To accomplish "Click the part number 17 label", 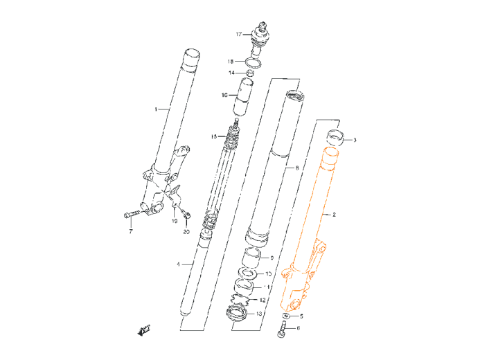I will [x=238, y=34].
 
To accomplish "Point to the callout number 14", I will [x=231, y=73].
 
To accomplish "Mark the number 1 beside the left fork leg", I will [x=157, y=109].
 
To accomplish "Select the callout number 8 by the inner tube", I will [x=297, y=168].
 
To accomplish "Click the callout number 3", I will [x=355, y=140].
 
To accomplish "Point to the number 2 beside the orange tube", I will [x=334, y=215].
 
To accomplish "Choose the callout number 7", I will [x=130, y=232].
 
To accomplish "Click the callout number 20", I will [x=186, y=232].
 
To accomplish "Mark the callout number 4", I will [x=178, y=264].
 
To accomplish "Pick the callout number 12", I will [x=263, y=300].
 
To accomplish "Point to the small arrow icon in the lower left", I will [x=144, y=330].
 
